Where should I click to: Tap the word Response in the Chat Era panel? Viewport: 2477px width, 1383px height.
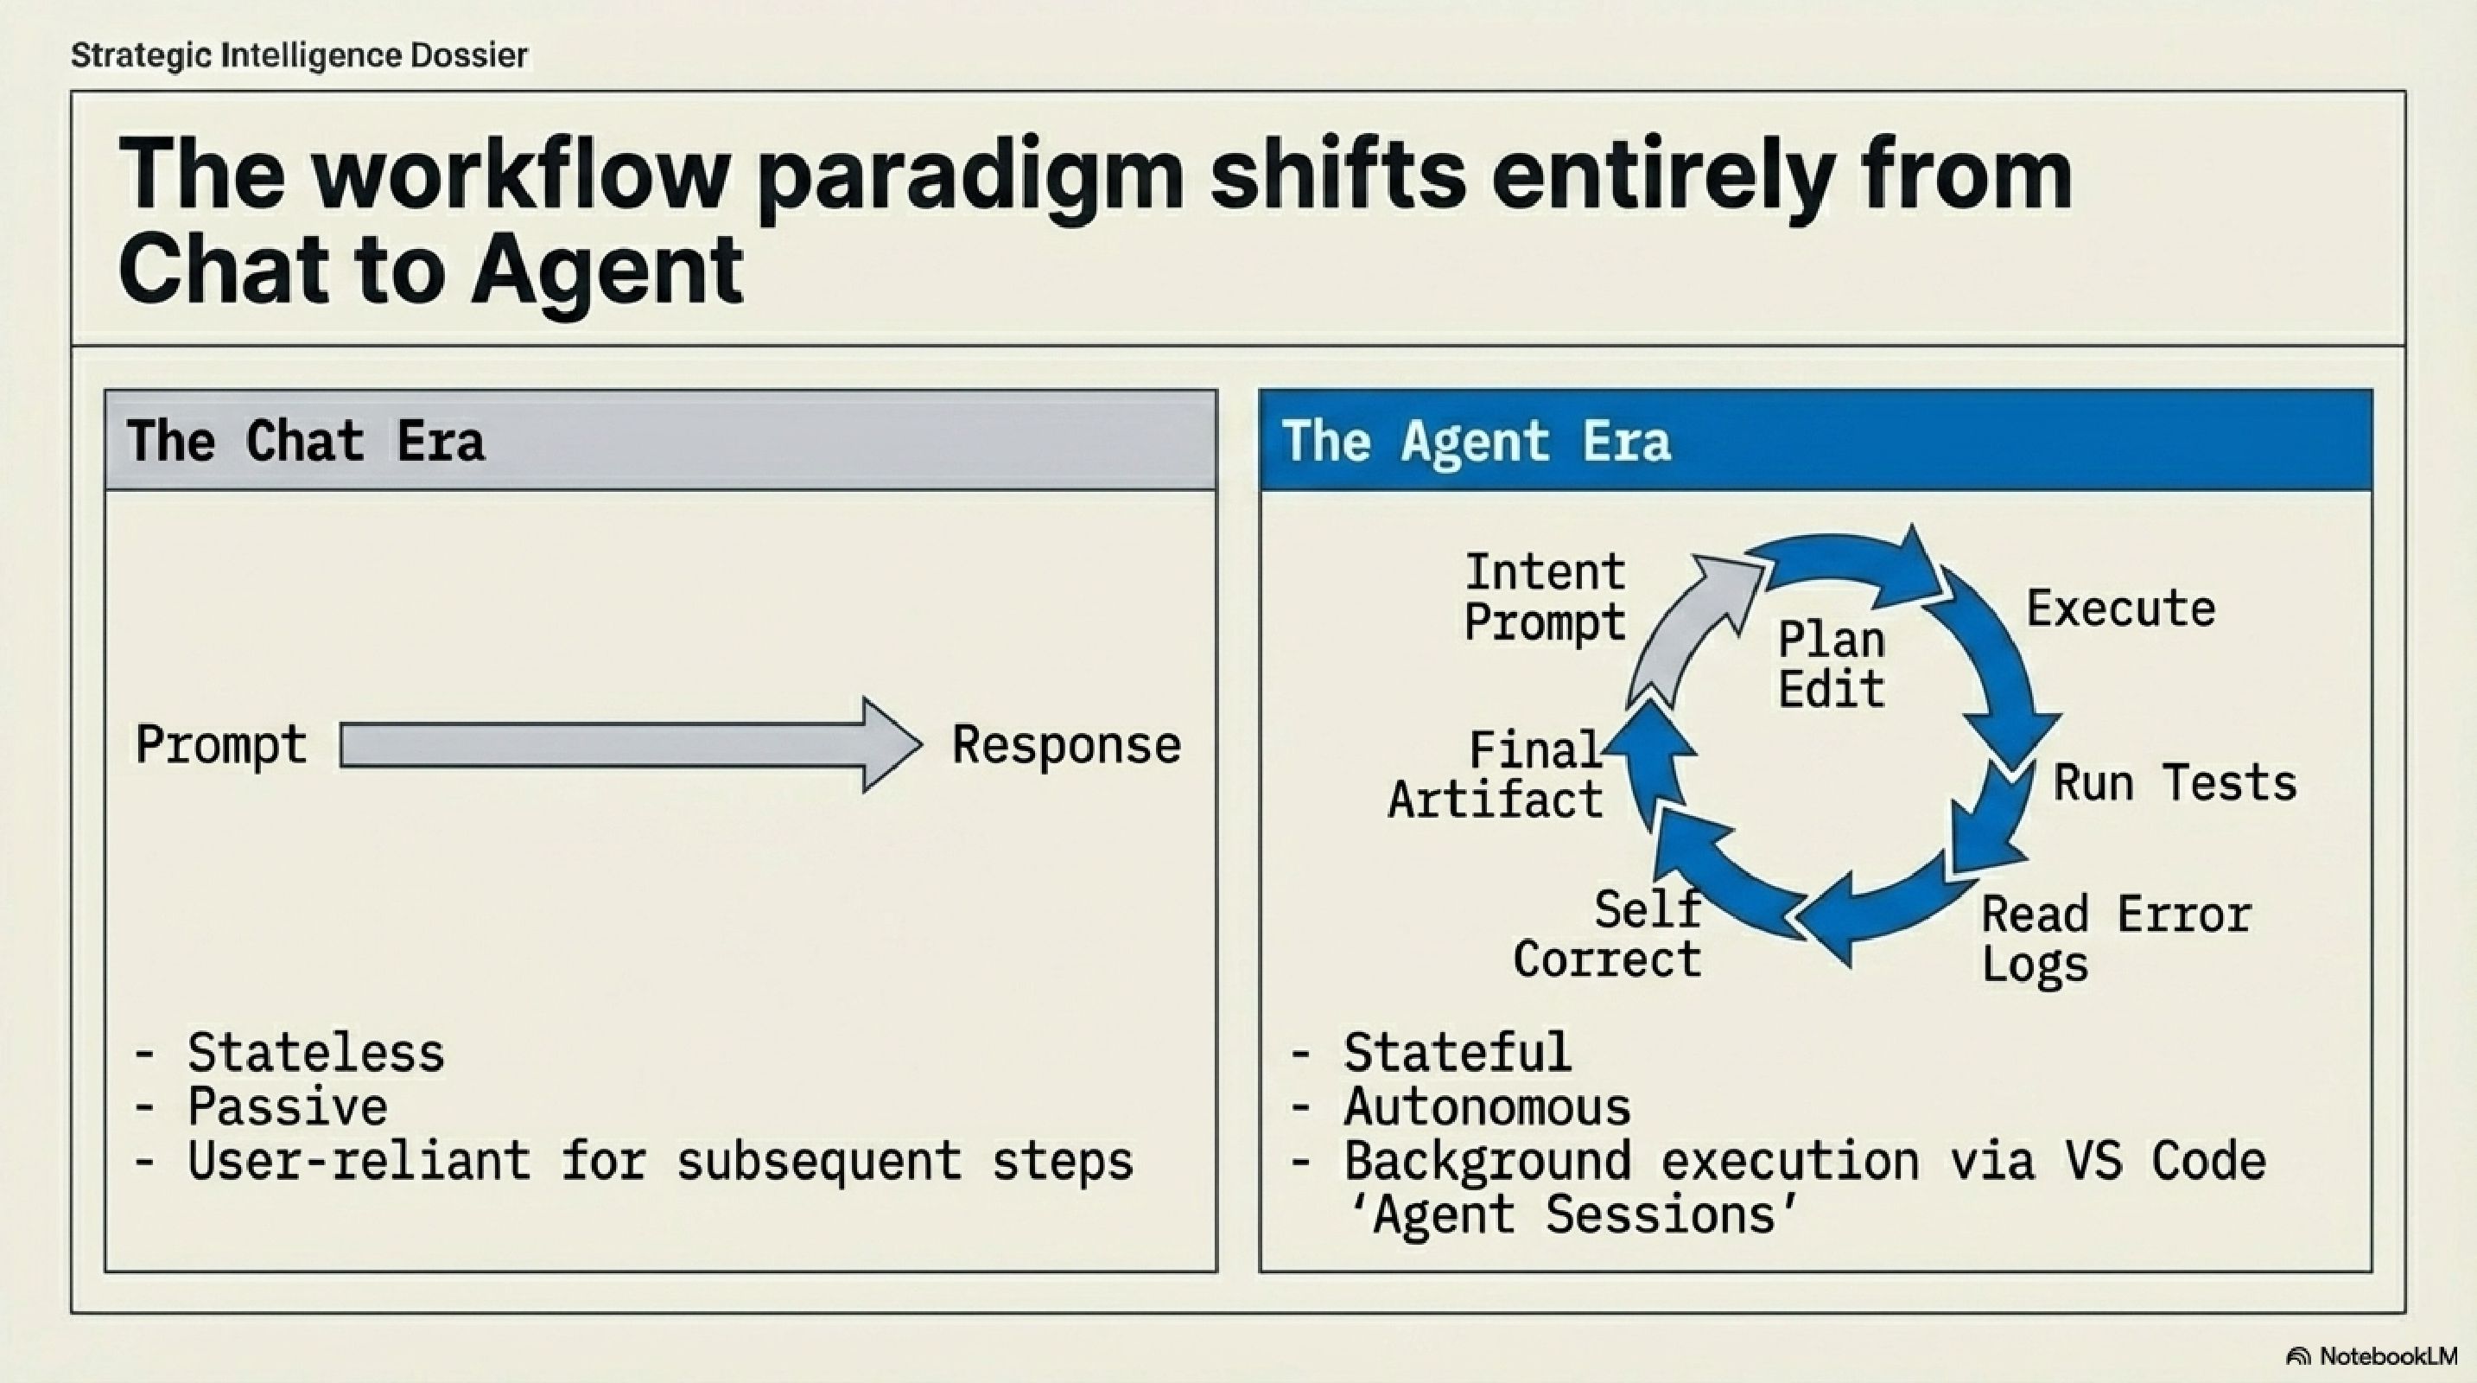1066,745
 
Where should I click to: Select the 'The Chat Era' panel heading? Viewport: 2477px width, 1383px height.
306,442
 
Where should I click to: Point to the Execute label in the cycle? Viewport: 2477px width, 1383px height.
2120,609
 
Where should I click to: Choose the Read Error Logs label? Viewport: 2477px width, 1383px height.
2116,939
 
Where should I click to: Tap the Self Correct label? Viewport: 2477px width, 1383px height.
1608,935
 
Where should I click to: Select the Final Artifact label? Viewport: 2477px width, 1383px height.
1496,775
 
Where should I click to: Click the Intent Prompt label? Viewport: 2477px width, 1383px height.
1544,597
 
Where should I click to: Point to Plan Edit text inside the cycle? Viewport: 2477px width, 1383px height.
1831,665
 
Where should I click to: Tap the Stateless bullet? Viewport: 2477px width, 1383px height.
315,1052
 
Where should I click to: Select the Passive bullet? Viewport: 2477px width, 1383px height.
287,1106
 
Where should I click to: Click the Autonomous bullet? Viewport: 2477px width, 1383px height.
1487,1106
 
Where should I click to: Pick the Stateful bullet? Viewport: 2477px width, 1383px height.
1457,1052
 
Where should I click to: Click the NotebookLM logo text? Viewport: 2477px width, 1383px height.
2385,1356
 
